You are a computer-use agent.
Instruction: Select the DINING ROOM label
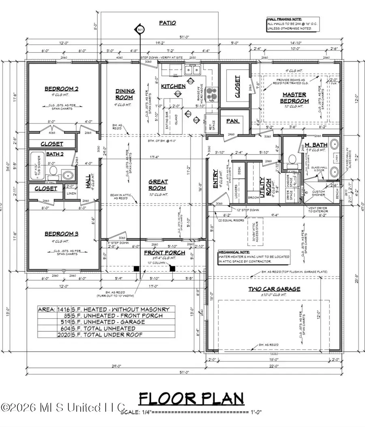(125, 94)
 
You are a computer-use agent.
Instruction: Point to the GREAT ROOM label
(158, 185)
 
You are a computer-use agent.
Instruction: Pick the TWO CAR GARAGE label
(275, 289)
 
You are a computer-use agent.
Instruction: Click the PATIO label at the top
(167, 23)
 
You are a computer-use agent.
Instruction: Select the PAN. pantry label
(232, 121)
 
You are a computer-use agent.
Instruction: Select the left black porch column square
(137, 268)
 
